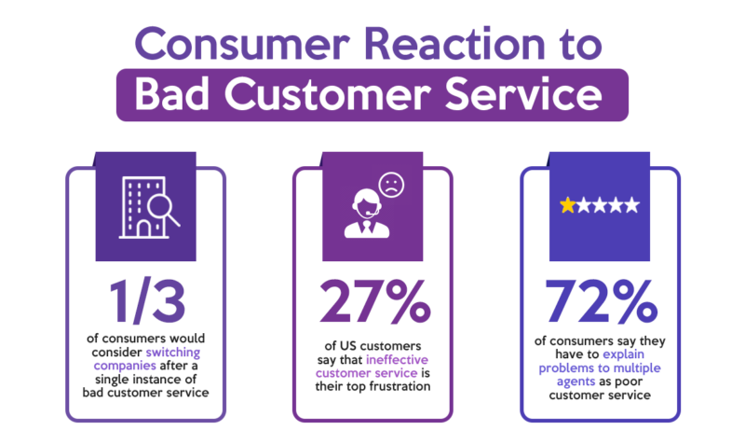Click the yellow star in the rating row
pos(567,205)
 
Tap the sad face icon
pos(391,185)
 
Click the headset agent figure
pos(367,214)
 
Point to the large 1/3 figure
pos(147,300)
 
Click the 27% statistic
pos(375,300)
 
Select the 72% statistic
pos(602,300)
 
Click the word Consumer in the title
pos(243,44)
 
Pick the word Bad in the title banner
pos(171,94)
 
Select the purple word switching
pos(173,353)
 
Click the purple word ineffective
pos(398,360)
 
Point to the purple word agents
pos(576,382)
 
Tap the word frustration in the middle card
pos(400,386)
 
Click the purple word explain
pos(623,354)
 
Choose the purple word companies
pos(125,366)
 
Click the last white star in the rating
pos(632,205)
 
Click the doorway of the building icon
pos(143,229)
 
